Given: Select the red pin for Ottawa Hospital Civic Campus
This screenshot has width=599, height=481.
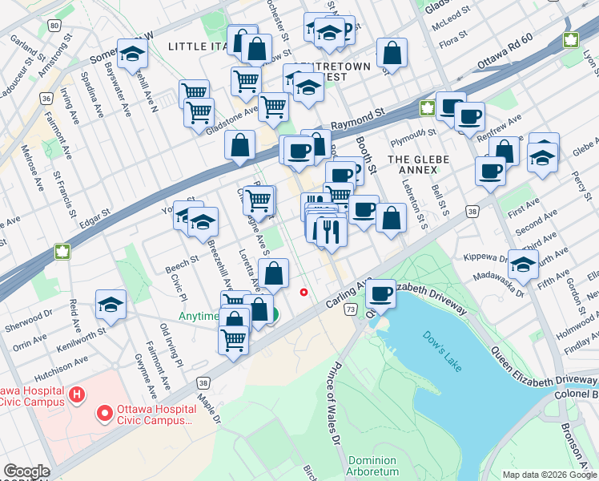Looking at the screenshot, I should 103,414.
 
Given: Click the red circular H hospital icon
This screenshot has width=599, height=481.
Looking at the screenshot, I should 77,394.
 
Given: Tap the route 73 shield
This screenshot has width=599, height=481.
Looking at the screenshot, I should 349,308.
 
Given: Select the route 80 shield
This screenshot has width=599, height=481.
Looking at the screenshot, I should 53,26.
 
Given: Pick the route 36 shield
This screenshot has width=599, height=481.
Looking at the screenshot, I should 47,99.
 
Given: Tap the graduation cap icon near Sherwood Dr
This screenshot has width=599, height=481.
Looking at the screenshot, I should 111,304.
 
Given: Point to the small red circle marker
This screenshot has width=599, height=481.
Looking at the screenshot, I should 304,292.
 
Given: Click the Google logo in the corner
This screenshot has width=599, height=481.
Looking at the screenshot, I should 26,471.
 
